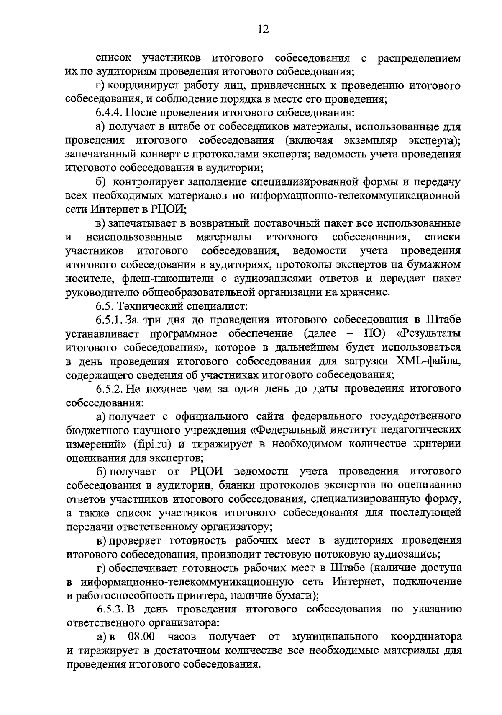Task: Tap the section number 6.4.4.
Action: coord(109,113)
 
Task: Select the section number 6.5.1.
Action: coord(109,320)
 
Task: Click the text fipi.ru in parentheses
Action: coord(148,444)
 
